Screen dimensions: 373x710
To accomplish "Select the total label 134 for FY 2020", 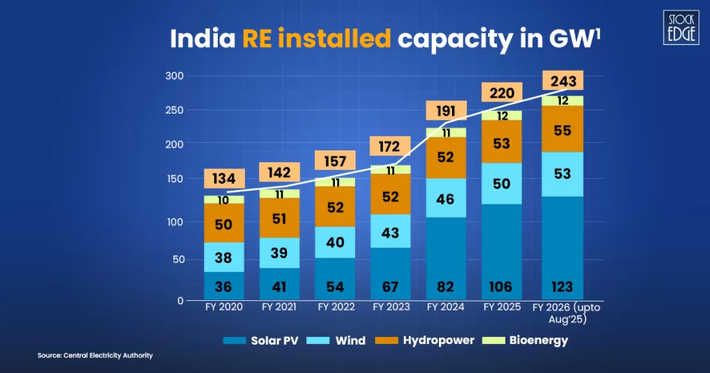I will click(x=223, y=179).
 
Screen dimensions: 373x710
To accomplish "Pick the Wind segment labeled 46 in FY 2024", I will click(x=446, y=198).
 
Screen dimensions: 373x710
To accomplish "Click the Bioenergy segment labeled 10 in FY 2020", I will click(x=223, y=200).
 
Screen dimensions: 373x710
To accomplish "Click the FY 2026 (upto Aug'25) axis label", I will click(x=562, y=312).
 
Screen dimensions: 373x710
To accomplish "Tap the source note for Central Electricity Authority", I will click(x=95, y=356).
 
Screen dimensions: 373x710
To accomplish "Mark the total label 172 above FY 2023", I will click(x=390, y=147).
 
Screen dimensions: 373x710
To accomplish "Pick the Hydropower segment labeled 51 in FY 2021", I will click(x=279, y=218).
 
